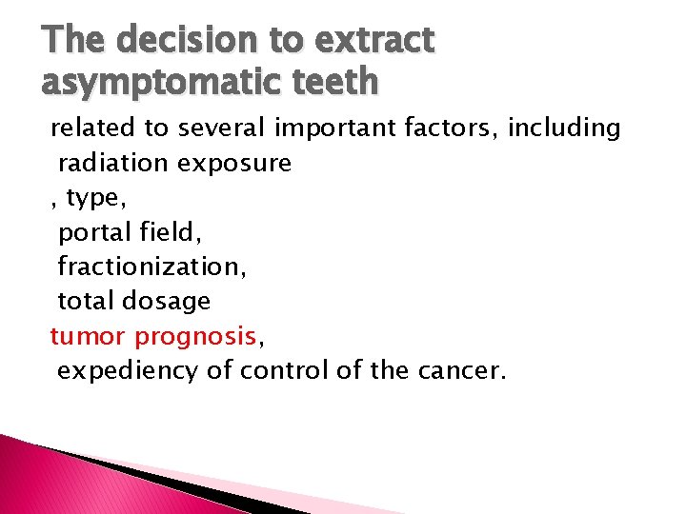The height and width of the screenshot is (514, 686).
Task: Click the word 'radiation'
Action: pyautogui.click(x=114, y=163)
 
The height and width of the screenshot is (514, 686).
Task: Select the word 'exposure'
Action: pyautogui.click(x=234, y=163)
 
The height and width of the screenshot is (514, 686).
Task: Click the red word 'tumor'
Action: pyautogui.click(x=88, y=336)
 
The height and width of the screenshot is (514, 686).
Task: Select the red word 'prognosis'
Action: pyautogui.click(x=196, y=336)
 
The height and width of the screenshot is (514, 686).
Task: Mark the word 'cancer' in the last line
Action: pyautogui.click(x=461, y=370)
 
